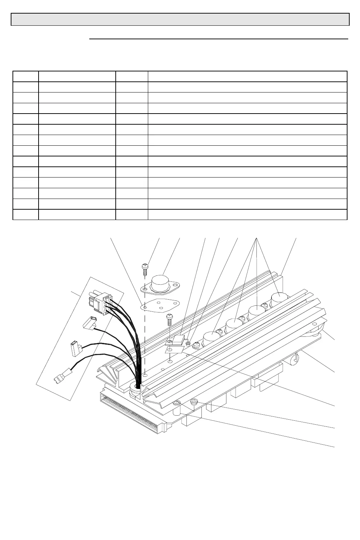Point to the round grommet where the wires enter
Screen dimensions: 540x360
point(136,387)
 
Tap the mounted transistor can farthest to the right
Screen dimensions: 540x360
point(279,299)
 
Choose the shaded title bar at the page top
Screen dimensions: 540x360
point(180,19)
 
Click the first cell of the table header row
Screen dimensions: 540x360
point(25,76)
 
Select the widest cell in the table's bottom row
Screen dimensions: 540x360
point(247,214)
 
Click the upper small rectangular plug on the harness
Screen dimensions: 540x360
point(89,322)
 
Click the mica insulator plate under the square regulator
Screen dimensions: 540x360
point(173,349)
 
